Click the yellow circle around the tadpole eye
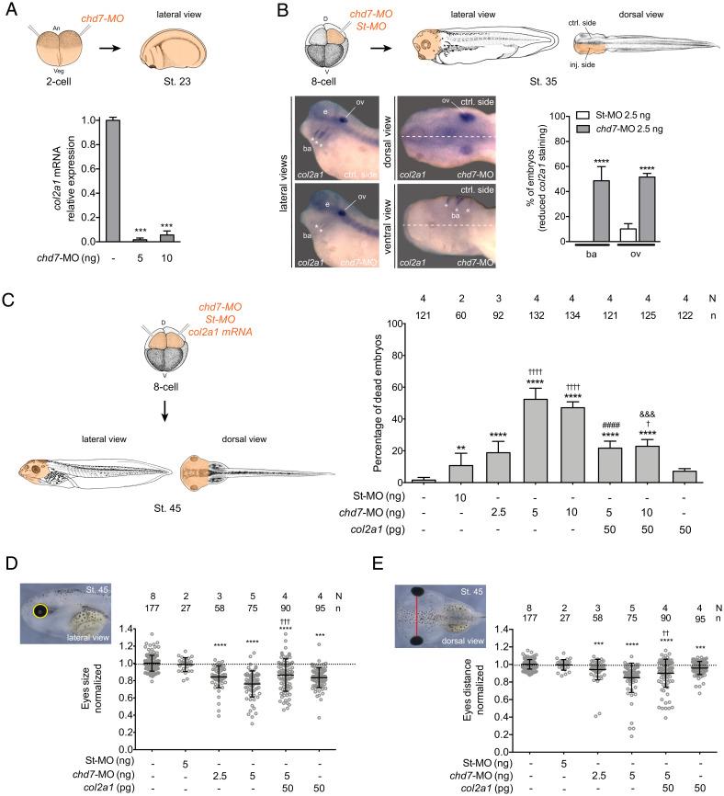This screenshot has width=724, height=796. [40, 609]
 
